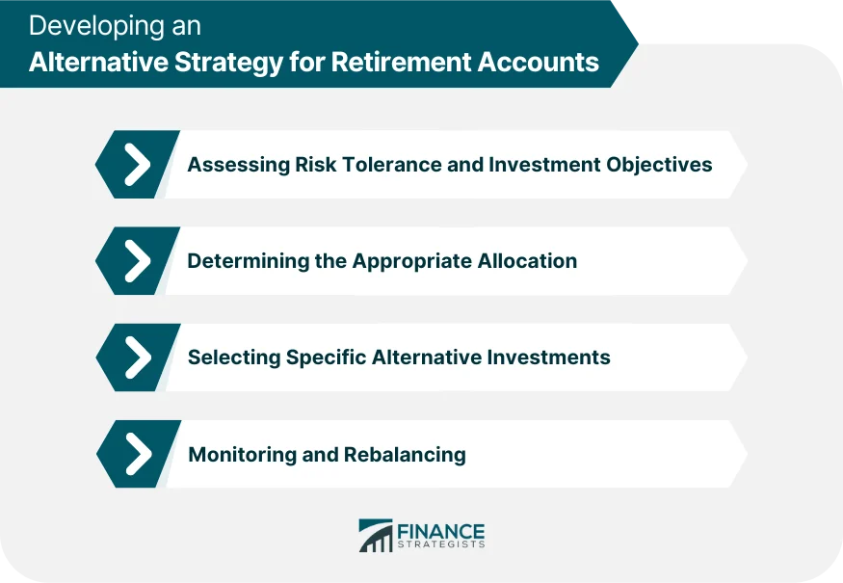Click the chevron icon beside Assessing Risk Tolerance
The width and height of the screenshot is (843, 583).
click(x=138, y=165)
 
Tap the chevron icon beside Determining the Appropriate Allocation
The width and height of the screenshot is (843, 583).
click(x=138, y=261)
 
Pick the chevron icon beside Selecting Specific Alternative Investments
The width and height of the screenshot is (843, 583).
click(x=138, y=358)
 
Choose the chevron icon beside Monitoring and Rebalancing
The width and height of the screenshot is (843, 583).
click(x=138, y=454)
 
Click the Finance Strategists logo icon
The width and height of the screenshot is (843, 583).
click(x=376, y=536)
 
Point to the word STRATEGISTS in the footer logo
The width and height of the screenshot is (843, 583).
click(x=441, y=545)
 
